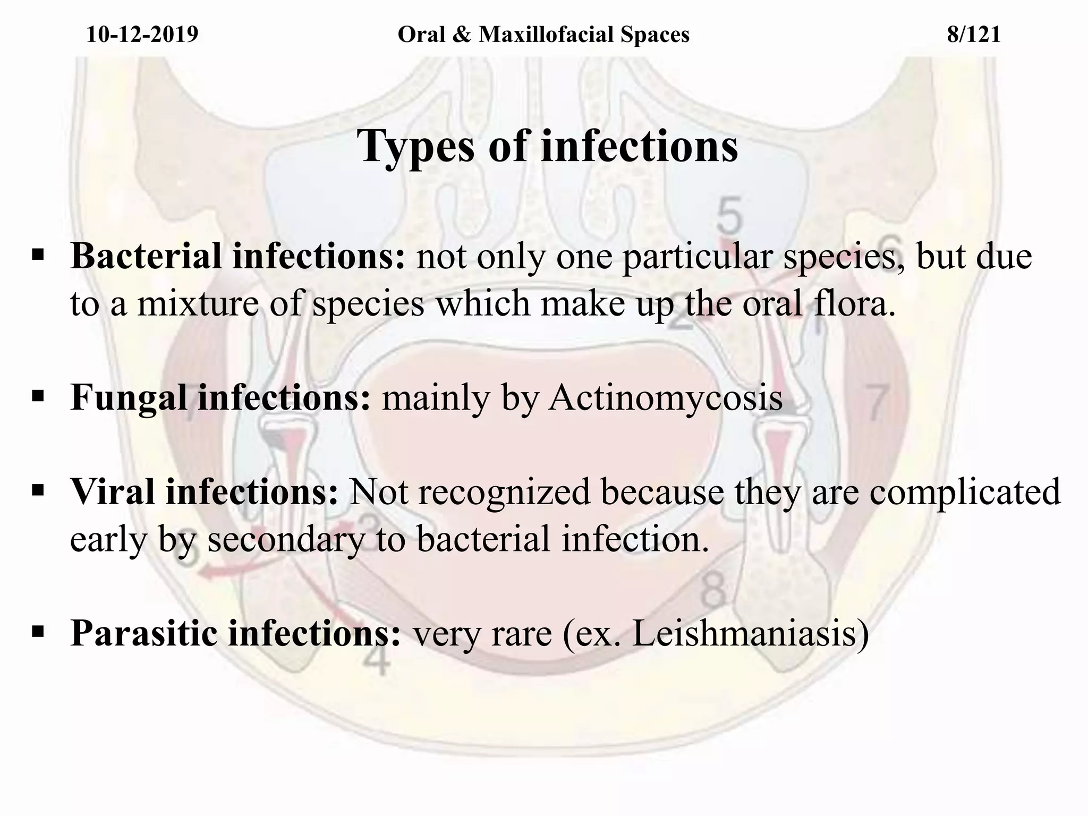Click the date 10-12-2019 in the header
pos(142,35)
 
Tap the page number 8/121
pos(974,35)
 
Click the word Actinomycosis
pos(666,397)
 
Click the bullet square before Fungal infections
pos(38,396)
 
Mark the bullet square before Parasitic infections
pos(38,632)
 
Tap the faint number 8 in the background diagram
pos(713,592)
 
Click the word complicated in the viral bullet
pos(965,491)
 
